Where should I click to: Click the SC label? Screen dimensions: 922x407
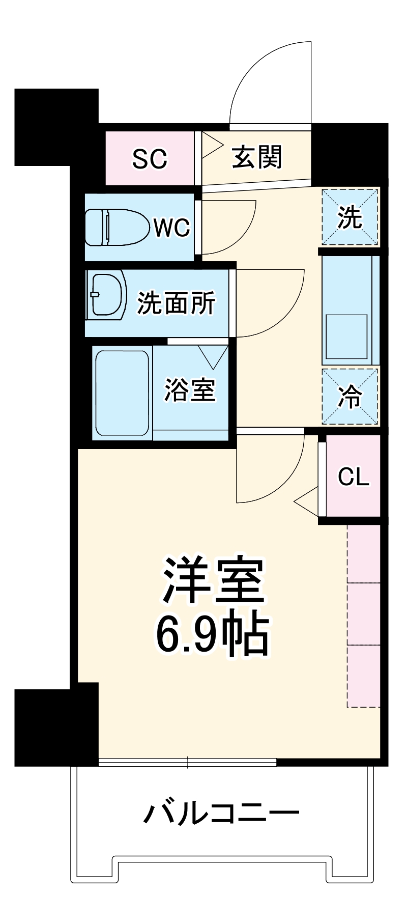coord(150,159)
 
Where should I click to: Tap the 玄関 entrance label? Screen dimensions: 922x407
coord(257,157)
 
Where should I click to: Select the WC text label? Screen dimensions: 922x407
coord(172,228)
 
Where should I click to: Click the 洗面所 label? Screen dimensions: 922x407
coord(176,303)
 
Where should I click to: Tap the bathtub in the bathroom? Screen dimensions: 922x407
coord(122,393)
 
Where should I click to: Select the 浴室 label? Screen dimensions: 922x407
coord(190,390)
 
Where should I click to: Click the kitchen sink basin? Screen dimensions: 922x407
coord(346,337)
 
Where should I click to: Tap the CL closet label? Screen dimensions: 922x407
coord(354,477)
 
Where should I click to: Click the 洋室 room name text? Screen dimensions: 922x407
coord(213,581)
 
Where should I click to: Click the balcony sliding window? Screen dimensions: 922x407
coord(187,762)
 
